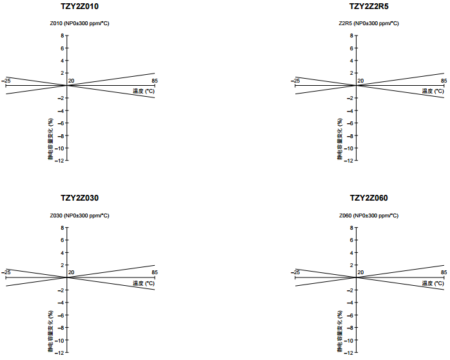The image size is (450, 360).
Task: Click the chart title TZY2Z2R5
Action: [369, 6]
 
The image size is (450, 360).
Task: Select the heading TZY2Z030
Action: [79, 198]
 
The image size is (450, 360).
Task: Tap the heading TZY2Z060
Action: [369, 198]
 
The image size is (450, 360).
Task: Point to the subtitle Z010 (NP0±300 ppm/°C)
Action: [79, 24]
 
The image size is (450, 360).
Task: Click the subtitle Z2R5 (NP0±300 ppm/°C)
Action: [369, 24]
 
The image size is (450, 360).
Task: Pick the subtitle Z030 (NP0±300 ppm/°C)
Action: [79, 215]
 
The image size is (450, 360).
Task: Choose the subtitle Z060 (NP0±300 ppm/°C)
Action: [369, 215]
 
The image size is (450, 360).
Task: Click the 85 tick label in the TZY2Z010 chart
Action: [155, 81]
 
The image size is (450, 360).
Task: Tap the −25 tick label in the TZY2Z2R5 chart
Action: [295, 81]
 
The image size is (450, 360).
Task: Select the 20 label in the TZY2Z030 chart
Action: [72, 273]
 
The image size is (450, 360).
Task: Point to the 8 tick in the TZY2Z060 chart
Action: [352, 228]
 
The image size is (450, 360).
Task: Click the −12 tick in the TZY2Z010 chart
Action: [59, 160]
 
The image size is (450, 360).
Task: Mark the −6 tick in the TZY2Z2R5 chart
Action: [350, 123]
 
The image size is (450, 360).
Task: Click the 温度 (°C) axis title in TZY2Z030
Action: [144, 283]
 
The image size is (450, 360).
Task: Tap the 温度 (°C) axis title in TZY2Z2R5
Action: [433, 91]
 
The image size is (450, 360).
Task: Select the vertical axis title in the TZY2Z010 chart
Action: [50, 139]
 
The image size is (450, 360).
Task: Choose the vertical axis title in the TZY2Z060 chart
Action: [340, 331]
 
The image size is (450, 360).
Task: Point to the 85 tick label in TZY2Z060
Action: [444, 273]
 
